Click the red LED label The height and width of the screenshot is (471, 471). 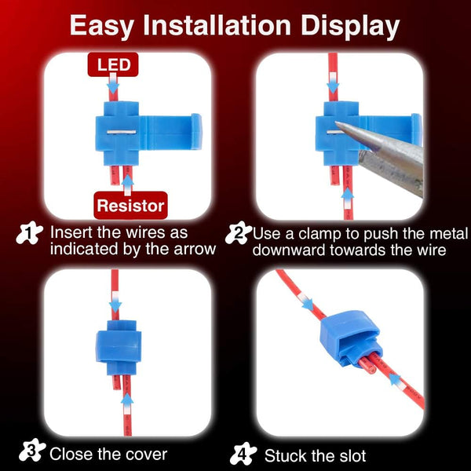tap(113, 64)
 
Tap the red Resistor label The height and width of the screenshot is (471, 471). tap(130, 205)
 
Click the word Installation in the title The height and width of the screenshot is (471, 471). tap(217, 25)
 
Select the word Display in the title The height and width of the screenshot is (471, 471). tap(350, 27)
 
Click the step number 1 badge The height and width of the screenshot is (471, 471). tap(29, 233)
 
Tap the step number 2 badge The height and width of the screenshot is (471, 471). tap(239, 233)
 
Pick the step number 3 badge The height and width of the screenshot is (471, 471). tap(32, 450)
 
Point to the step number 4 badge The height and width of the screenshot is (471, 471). tap(243, 454)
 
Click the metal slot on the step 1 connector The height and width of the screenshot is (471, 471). tap(122, 132)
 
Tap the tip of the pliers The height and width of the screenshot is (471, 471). tap(336, 122)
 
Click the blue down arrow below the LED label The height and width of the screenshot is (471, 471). tap(113, 83)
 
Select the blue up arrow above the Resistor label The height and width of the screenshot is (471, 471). tap(128, 185)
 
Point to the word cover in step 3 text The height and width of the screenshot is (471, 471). tap(148, 455)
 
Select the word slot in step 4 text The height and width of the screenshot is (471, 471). tap(352, 455)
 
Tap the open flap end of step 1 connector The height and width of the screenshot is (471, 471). tap(196, 131)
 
